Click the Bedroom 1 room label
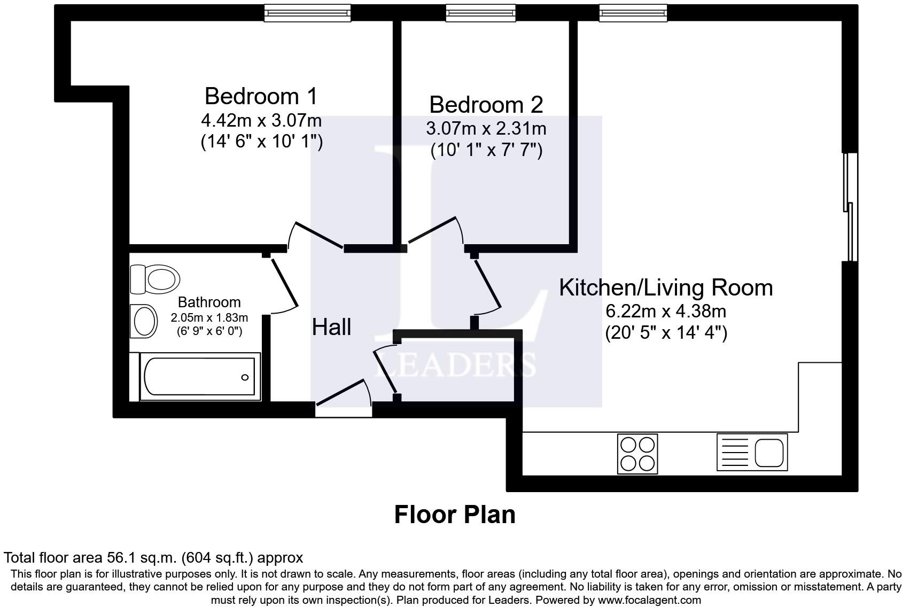tap(261, 96)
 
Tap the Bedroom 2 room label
tap(486, 105)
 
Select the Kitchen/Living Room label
tap(666, 288)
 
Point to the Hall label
tap(331, 326)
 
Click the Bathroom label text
tap(209, 302)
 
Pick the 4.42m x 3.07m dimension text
tap(261, 120)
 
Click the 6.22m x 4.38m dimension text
tap(666, 311)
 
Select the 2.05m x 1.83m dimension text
tap(209, 318)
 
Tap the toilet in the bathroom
tap(155, 279)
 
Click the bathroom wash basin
tap(144, 321)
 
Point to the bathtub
tap(195, 377)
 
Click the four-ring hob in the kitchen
tap(637, 454)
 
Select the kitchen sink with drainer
tap(752, 452)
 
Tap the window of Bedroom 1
tap(307, 13)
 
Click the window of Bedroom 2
tap(480, 13)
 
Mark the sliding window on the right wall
tap(851, 207)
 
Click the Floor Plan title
tap(455, 515)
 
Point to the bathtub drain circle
tap(245, 377)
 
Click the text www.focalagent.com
tap(649, 600)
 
